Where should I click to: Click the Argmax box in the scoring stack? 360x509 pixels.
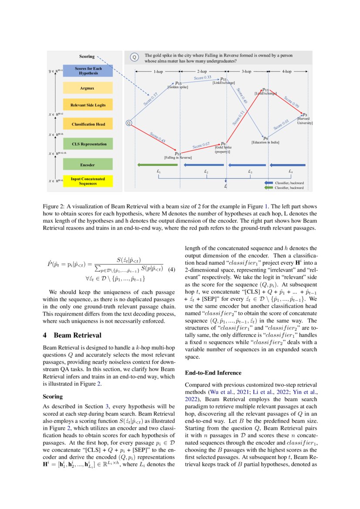click(x=87, y=88)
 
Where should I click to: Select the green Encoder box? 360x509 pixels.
click(x=87, y=165)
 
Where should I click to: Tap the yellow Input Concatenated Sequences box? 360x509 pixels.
click(x=87, y=181)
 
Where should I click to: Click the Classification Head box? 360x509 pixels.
click(x=87, y=125)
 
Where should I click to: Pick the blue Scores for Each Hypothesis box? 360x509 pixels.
click(x=87, y=71)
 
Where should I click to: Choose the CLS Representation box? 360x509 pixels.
click(x=87, y=144)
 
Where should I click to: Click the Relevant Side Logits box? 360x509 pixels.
click(x=87, y=105)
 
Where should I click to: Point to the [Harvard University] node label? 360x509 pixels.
click(x=305, y=121)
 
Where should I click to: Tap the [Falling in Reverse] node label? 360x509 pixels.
click(x=178, y=157)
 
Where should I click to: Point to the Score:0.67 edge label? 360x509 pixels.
click(x=201, y=145)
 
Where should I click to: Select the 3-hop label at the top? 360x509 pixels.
click(x=246, y=71)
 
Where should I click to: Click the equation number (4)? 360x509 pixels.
click(x=171, y=269)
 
